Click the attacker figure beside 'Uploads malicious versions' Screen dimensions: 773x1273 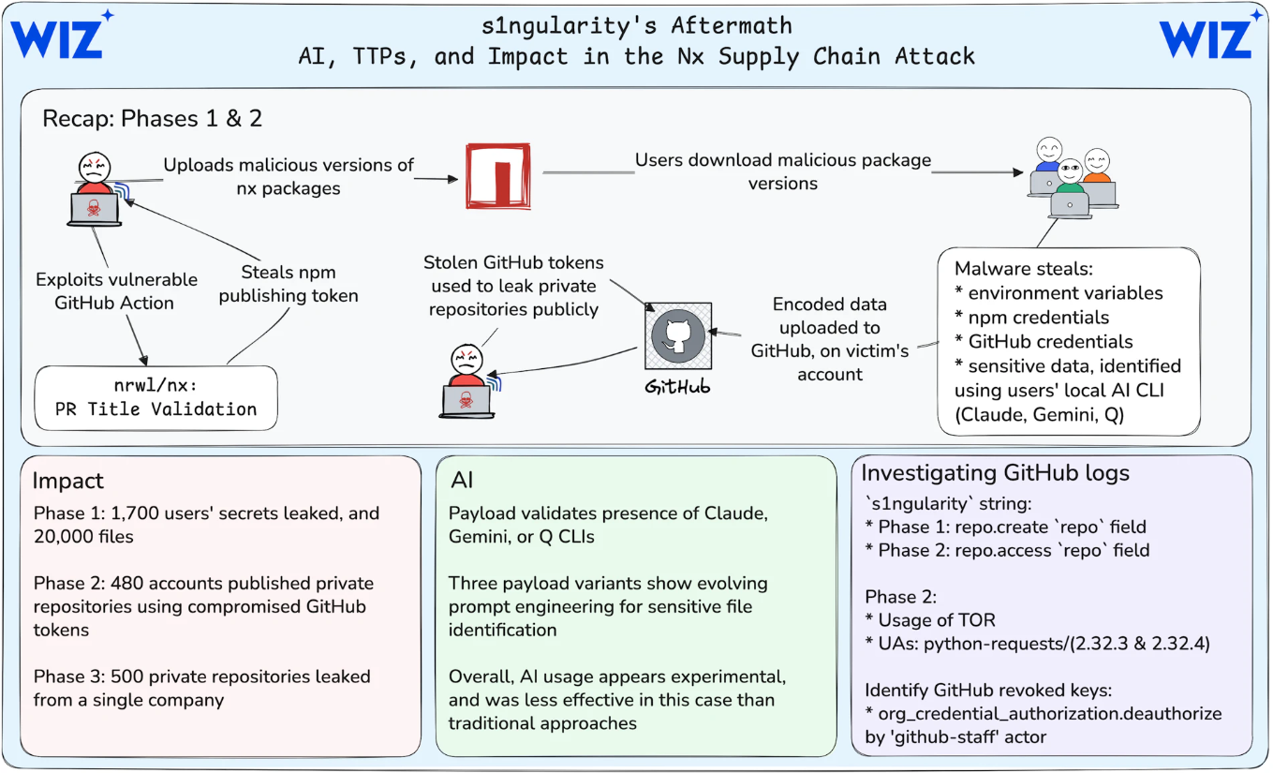click(94, 192)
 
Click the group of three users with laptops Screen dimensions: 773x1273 click(1072, 178)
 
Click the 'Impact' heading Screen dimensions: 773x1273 click(67, 481)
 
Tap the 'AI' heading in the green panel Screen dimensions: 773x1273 click(462, 481)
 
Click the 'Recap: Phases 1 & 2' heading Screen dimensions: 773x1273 click(153, 119)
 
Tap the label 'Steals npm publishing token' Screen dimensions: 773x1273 click(288, 283)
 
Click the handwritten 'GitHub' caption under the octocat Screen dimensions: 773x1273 click(677, 386)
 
